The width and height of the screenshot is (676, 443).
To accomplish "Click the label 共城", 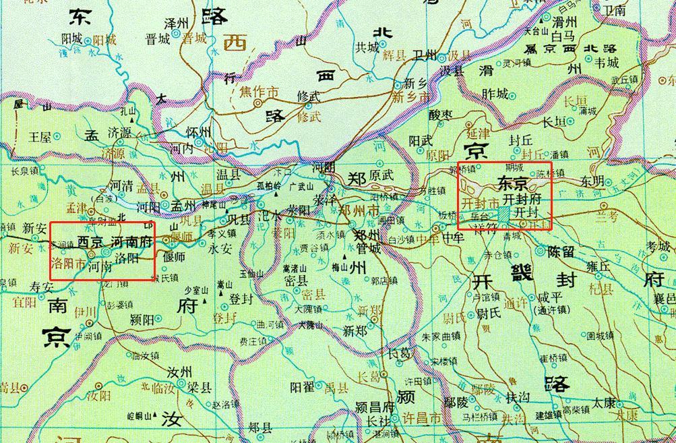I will click(x=368, y=47).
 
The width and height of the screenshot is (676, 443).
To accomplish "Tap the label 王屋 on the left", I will click(x=40, y=137).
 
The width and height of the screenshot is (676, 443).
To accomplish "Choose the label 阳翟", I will click(x=303, y=387).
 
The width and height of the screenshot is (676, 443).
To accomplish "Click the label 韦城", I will click(x=602, y=63).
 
